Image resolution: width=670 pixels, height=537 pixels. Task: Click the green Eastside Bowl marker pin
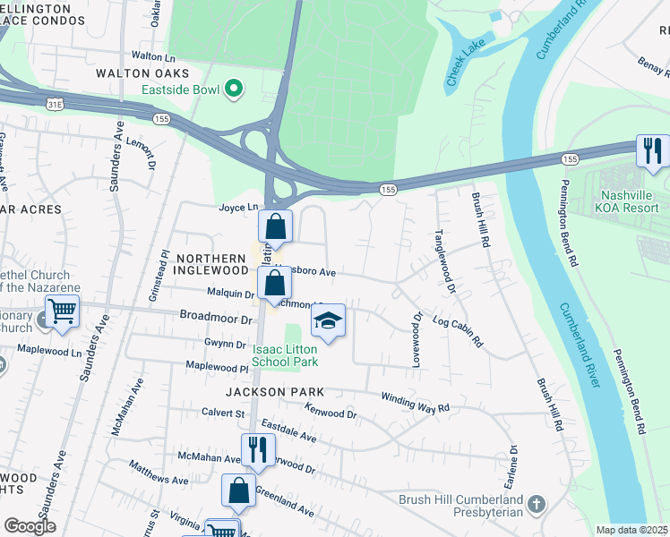(234, 88)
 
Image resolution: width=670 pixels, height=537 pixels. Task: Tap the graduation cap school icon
(329, 321)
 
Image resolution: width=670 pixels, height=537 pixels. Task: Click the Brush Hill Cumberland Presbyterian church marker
(536, 505)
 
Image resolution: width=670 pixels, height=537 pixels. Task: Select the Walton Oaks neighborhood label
(142, 72)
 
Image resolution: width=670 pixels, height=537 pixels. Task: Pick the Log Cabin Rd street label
(457, 331)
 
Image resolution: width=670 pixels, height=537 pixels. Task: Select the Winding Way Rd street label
(415, 403)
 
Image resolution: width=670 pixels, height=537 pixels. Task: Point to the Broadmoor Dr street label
(216, 318)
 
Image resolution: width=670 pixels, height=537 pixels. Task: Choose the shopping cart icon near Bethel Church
(63, 311)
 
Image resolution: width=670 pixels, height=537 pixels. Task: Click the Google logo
(30, 527)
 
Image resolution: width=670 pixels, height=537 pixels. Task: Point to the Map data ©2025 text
(631, 530)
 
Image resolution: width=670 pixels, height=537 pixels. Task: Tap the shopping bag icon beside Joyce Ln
(276, 227)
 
